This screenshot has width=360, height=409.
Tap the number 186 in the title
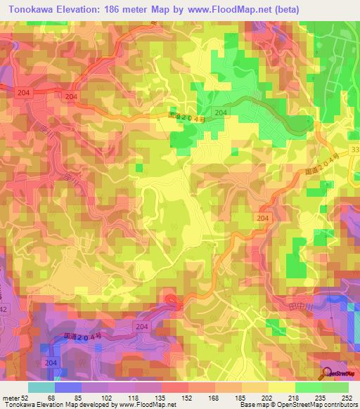(x=114, y=10)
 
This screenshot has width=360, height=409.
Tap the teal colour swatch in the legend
(x=41, y=387)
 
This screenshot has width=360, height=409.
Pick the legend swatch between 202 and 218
(x=281, y=387)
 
